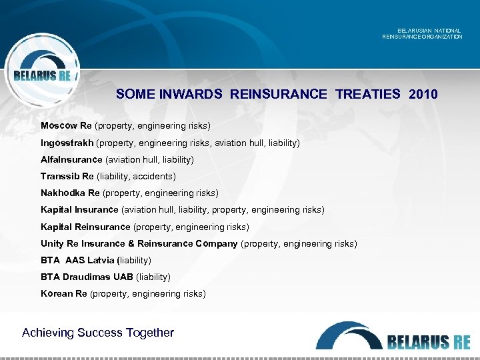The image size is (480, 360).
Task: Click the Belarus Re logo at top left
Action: pyautogui.click(x=42, y=70)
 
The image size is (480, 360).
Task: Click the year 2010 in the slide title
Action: pyautogui.click(x=424, y=94)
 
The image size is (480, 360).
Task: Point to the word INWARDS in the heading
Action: pyautogui.click(x=191, y=94)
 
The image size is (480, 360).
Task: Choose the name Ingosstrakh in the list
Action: pyautogui.click(x=67, y=143)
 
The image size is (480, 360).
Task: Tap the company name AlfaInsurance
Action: pyautogui.click(x=71, y=159)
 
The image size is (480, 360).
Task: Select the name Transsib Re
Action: pyautogui.click(x=67, y=176)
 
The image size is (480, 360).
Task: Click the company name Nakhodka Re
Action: pyautogui.click(x=70, y=193)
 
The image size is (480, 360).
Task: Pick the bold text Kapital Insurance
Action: pyautogui.click(x=79, y=210)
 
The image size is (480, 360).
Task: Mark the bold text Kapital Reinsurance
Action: pyautogui.click(x=85, y=227)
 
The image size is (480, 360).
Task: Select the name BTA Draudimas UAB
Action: pyautogui.click(x=87, y=277)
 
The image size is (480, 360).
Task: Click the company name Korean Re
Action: pyautogui.click(x=64, y=293)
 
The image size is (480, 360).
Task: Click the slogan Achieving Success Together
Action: pyautogui.click(x=98, y=332)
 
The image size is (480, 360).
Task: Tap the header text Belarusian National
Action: pyautogui.click(x=428, y=31)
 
